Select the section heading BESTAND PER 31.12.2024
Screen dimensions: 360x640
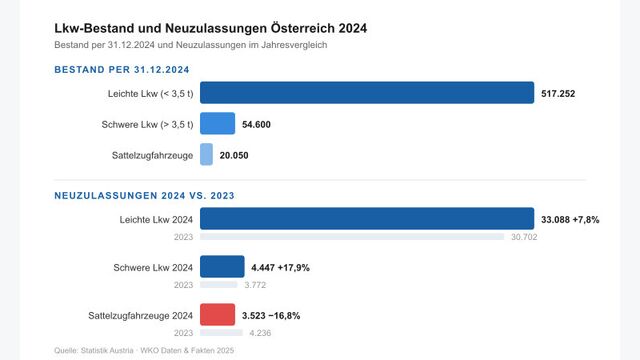tap(122, 70)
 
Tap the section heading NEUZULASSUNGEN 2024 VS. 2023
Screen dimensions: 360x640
tap(144, 196)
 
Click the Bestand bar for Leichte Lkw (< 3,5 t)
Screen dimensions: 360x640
tap(367, 93)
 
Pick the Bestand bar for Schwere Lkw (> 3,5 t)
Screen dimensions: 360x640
tap(217, 124)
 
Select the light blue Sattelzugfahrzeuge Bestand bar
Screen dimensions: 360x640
tap(206, 155)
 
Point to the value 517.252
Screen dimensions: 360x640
tap(558, 93)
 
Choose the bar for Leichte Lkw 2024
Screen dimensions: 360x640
tap(367, 219)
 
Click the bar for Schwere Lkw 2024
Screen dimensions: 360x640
tap(222, 267)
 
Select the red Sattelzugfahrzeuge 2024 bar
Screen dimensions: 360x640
tap(217, 315)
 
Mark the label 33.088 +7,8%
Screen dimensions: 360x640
tap(570, 219)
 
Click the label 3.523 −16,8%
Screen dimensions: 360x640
tap(271, 315)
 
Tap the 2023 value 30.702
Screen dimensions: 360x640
tap(524, 237)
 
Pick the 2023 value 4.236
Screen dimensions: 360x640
tap(259, 333)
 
